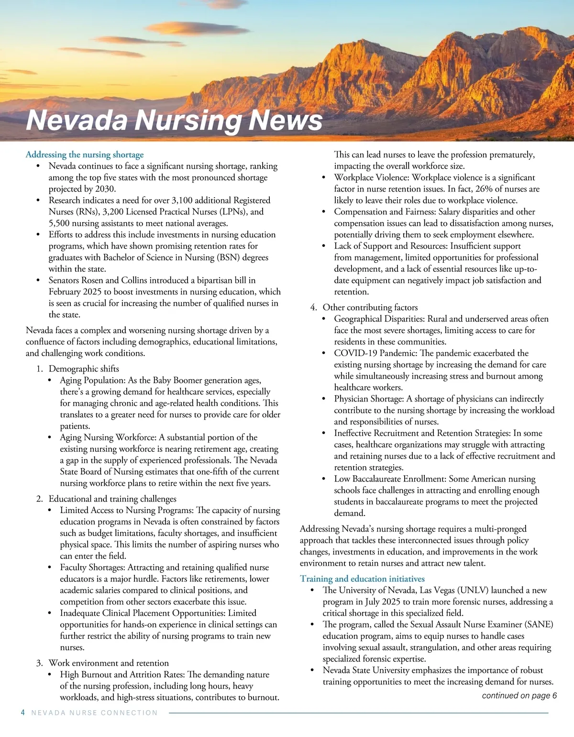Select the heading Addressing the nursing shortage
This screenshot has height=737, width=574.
pyautogui.click(x=85, y=155)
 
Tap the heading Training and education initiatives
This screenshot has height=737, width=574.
pyautogui.click(x=362, y=579)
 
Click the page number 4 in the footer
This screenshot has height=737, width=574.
pyautogui.click(x=23, y=713)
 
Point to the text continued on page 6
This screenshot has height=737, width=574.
pyautogui.click(x=519, y=695)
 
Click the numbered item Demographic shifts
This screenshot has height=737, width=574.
pyautogui.click(x=84, y=368)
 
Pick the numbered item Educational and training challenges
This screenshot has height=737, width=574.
pyautogui.click(x=112, y=499)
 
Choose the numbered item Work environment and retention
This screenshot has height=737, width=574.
pyautogui.click(x=109, y=663)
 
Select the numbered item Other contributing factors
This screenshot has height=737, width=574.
pyautogui.click(x=370, y=307)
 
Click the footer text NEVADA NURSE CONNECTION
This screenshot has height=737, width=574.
pyautogui.click(x=94, y=713)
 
